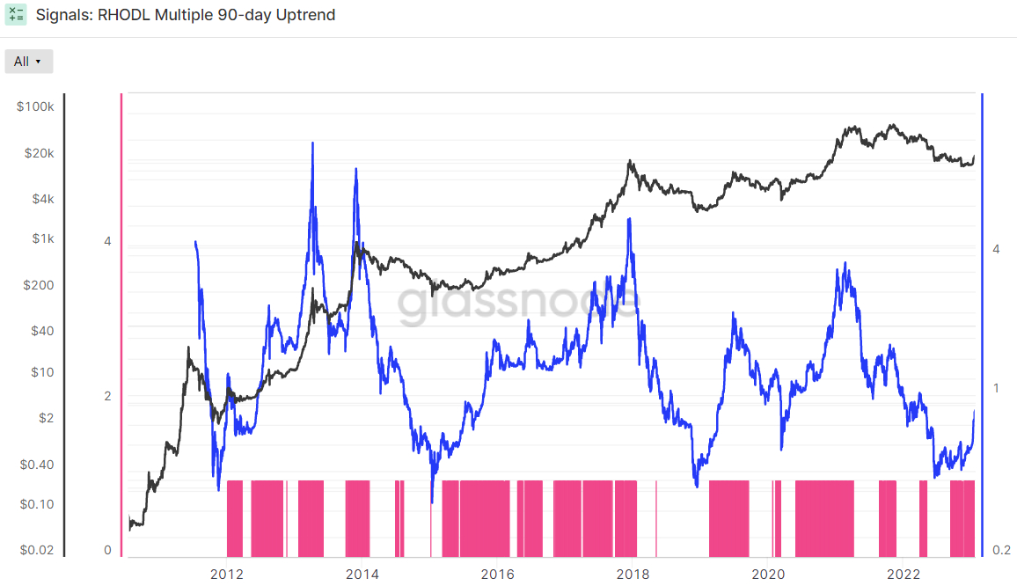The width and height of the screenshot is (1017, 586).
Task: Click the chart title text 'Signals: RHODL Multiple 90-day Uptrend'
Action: pos(186,15)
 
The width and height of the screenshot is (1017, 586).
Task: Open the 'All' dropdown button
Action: pos(28,62)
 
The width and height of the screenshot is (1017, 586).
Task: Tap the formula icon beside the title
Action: pos(16,14)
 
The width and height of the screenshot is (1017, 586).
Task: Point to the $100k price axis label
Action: pos(36,106)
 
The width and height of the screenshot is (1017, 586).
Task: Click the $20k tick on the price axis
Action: pos(40,153)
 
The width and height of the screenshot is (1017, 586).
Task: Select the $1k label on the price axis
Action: pos(43,238)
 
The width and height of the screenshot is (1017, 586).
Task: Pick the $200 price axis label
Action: pos(39,285)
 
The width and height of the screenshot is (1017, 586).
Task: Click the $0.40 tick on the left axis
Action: pos(37,465)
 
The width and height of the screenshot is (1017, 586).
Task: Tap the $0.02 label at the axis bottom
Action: pos(37,550)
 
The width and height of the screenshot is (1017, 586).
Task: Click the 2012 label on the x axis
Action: pos(227,575)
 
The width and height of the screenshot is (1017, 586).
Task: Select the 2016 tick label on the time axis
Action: pos(497,575)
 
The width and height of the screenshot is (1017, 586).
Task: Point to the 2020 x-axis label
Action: pos(768,575)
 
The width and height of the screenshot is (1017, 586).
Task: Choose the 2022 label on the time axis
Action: pos(904,575)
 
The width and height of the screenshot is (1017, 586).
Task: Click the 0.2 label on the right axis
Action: pos(1001,550)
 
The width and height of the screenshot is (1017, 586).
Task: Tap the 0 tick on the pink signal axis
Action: pos(107,550)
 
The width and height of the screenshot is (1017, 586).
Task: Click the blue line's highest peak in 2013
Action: pos(312,143)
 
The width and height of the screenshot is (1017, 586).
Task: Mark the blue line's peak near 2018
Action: pos(629,219)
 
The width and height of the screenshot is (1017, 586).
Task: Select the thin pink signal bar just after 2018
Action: pos(656,519)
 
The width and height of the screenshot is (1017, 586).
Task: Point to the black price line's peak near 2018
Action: pos(629,161)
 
